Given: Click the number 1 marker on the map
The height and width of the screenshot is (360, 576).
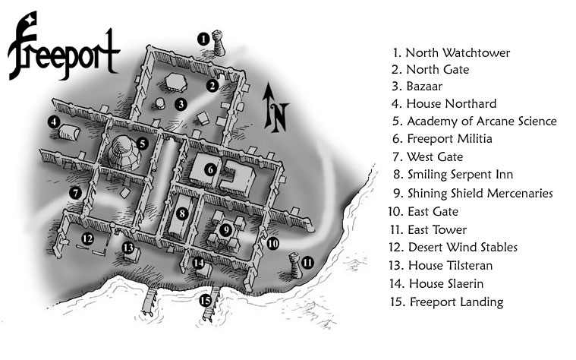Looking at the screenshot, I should point(203,37).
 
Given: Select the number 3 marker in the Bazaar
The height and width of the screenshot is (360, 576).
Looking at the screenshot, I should point(181,105).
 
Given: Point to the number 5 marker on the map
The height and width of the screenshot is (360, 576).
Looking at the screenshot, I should point(142,142).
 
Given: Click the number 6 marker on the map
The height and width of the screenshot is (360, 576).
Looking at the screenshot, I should point(210,170).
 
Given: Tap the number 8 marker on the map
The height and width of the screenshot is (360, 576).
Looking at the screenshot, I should point(182,214).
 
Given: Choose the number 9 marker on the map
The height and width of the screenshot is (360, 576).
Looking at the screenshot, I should point(225,229).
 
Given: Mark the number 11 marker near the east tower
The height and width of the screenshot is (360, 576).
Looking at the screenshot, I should point(308,263).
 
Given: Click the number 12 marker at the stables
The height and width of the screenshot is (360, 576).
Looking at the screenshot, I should point(87,238).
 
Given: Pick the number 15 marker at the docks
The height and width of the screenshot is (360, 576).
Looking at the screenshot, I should point(205,300).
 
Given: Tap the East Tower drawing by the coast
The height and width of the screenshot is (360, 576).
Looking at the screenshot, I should point(294,267).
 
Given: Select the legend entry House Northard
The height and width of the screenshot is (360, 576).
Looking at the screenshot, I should point(444,103).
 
